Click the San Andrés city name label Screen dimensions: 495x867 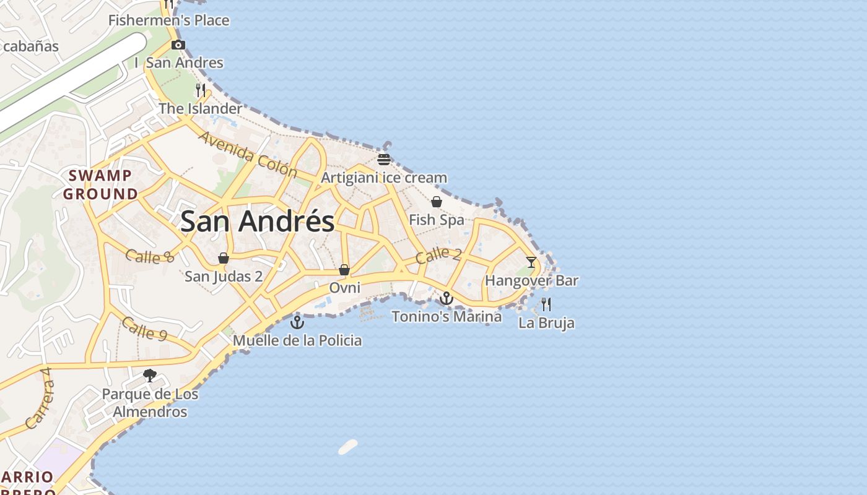257,221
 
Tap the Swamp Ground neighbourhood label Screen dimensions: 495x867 100,184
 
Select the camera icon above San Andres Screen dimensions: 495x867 178,45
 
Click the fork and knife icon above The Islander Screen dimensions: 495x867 200,90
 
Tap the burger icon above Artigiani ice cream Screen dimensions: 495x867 384,160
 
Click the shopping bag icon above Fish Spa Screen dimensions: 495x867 437,202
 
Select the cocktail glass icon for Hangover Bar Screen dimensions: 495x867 531,262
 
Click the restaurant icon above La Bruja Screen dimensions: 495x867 546,304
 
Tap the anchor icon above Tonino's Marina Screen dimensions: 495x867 446,299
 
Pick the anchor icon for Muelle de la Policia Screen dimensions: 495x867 298,322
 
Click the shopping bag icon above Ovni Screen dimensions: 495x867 344,270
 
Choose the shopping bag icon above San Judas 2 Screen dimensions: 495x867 224,258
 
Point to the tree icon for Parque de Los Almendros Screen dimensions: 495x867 149,375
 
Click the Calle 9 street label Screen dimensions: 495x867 144,328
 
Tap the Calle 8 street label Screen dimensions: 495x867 149,256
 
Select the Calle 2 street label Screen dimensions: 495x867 438,254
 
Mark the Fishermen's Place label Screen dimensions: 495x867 168,20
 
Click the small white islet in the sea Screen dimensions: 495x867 348,447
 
